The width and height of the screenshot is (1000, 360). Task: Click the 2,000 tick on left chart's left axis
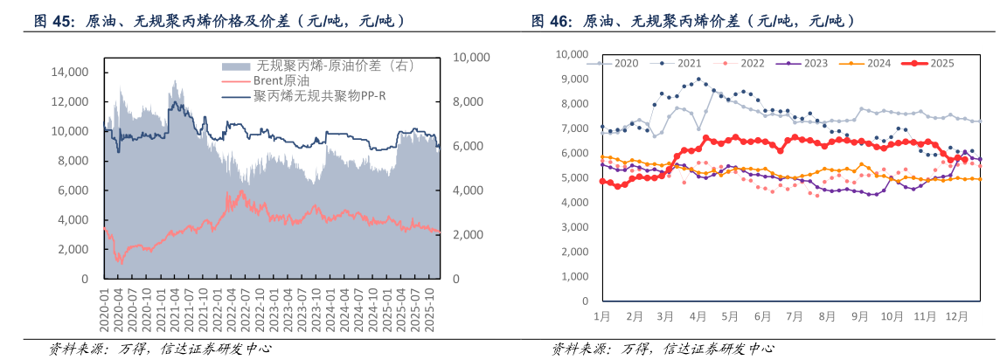[72, 249]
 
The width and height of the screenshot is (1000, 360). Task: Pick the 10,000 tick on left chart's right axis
[474, 57]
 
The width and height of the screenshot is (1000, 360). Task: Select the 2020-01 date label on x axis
[107, 309]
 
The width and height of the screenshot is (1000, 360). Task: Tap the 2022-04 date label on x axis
[232, 309]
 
